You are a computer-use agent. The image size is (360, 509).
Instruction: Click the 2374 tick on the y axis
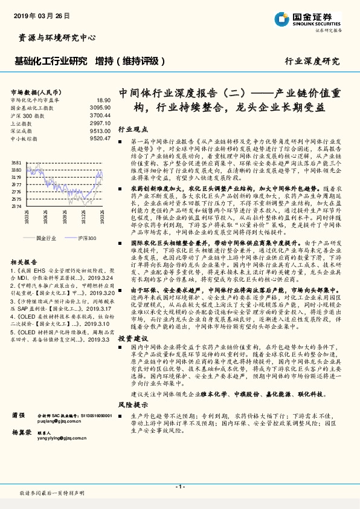16,206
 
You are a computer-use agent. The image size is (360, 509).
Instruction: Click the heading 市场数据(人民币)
30,92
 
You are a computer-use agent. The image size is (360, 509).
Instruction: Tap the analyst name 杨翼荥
22,433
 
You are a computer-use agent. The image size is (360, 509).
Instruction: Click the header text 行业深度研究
312,62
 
